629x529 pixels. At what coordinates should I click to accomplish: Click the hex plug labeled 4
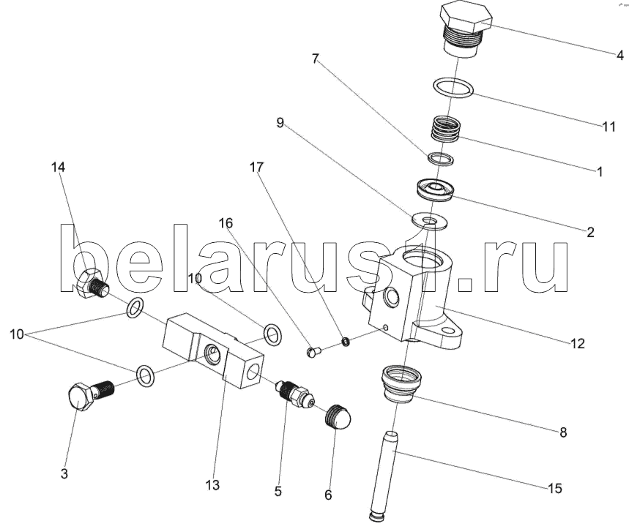point(466,29)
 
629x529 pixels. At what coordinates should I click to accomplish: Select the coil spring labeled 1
point(445,129)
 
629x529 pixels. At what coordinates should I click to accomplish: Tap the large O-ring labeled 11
point(453,87)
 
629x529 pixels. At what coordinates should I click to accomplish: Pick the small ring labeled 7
point(441,159)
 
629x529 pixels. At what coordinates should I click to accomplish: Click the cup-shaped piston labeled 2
point(435,190)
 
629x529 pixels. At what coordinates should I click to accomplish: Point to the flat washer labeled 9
point(429,221)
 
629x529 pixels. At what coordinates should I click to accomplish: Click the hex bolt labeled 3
point(91,395)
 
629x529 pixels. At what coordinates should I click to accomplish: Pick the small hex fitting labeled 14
point(92,284)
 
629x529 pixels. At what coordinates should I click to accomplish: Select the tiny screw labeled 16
point(313,352)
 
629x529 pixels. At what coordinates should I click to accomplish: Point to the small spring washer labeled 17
point(346,342)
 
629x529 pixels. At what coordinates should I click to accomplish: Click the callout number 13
point(212,485)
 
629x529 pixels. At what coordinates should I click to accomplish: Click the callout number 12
point(577,343)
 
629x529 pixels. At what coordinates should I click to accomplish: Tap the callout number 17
point(257,167)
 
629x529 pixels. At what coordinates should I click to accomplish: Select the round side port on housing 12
point(391,296)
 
